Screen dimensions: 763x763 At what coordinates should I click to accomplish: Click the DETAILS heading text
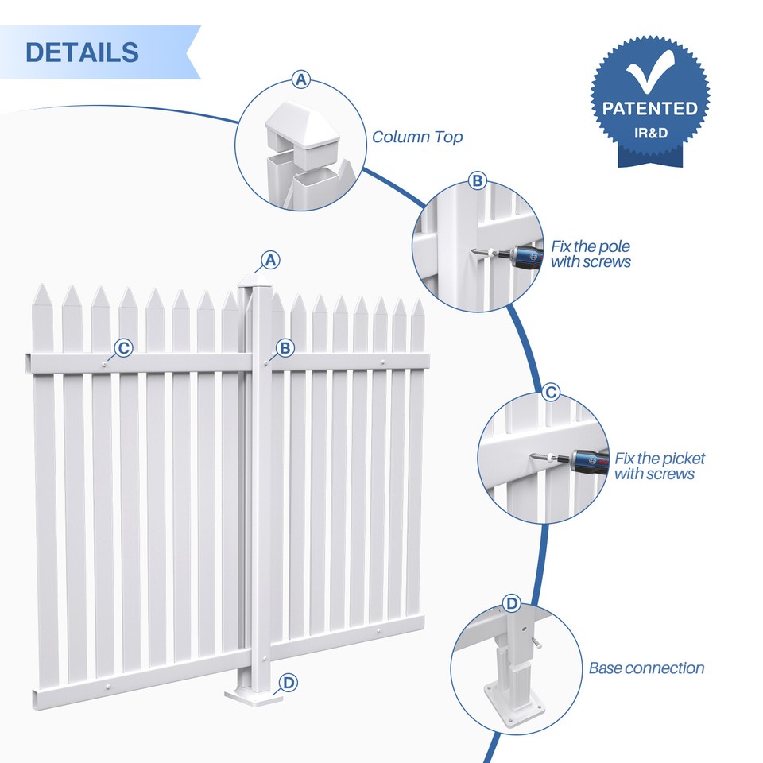pos(82,52)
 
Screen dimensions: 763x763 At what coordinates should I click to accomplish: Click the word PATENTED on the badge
pos(650,108)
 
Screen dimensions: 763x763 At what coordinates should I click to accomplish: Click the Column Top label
pos(417,137)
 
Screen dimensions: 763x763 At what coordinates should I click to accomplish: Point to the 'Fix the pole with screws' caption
pos(591,254)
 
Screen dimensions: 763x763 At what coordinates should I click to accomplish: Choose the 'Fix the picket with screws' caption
pos(659,466)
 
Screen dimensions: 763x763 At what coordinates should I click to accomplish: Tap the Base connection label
pos(646,668)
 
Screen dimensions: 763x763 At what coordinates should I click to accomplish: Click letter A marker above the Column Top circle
pos(300,79)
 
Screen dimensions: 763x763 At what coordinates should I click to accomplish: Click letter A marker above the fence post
pos(271,260)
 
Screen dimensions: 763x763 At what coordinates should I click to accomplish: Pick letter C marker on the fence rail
pos(123,347)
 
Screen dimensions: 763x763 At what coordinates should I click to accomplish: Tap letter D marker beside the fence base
pos(289,682)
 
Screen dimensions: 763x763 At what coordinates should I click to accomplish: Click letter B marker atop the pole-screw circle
pos(477,181)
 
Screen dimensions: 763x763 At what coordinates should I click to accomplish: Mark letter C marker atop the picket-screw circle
pos(550,393)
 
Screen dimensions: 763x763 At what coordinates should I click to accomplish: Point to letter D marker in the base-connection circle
pos(512,604)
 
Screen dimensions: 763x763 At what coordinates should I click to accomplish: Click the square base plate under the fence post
pos(253,696)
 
